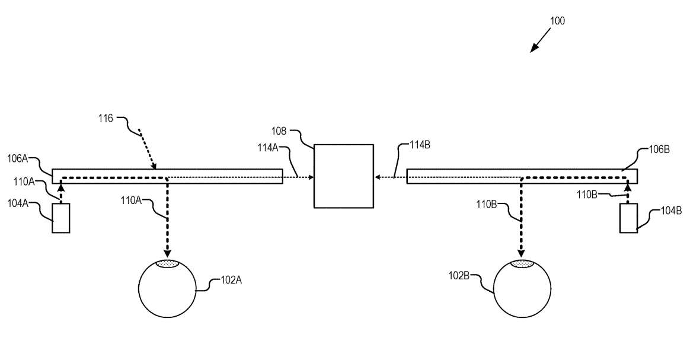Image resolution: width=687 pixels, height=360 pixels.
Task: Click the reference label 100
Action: coord(557,21)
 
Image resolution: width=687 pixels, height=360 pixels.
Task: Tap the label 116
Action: coord(106,118)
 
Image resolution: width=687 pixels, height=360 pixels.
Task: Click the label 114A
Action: coord(268,148)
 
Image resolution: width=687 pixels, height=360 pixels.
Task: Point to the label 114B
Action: coord(420,145)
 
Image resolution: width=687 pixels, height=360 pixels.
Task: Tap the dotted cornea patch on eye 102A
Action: coord(167,263)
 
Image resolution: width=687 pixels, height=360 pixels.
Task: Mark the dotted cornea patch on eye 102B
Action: coord(522,263)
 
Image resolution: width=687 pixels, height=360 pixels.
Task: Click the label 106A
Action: coord(18,158)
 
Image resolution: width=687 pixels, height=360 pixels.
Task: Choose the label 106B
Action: coord(659,149)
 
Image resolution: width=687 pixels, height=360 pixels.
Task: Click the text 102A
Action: coord(231,280)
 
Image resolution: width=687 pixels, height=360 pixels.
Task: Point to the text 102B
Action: coord(459,276)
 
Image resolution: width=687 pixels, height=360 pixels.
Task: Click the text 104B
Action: coord(671,211)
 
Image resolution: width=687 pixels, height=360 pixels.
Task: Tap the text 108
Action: coord(279,131)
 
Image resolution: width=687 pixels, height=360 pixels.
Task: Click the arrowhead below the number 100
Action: coord(533,49)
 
